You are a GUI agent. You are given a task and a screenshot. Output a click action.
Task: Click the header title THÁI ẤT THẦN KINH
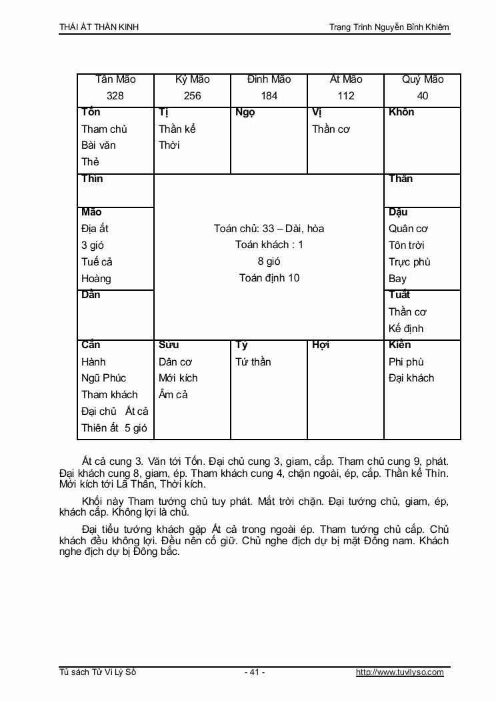click(x=99, y=27)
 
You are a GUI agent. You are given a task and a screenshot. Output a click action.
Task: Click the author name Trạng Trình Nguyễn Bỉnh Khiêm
click(x=389, y=27)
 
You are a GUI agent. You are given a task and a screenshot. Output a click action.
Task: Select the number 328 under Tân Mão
click(x=115, y=96)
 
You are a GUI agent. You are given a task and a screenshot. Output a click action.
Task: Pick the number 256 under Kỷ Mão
click(x=192, y=96)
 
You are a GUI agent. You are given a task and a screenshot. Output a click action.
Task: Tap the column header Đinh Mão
click(x=269, y=79)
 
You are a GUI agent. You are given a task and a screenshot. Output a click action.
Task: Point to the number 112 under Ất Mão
click(x=345, y=96)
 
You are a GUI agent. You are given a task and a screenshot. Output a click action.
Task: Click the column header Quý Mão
click(x=423, y=79)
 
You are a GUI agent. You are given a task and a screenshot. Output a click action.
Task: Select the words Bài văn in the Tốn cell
click(x=99, y=145)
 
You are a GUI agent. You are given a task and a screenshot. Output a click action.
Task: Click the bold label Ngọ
click(x=245, y=112)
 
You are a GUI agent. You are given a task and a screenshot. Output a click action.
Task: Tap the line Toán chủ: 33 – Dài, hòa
click(x=269, y=229)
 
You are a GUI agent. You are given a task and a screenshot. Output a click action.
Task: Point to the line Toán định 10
click(x=269, y=278)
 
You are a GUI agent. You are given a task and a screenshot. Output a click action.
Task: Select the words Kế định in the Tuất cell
click(x=406, y=329)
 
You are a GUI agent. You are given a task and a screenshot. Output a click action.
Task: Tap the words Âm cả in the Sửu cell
click(x=173, y=395)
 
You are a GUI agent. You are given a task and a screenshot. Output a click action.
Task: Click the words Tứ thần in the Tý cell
click(x=253, y=362)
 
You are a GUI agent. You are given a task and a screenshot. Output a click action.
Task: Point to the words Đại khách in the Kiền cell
click(x=411, y=378)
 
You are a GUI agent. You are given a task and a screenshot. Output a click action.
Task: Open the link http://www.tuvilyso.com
click(x=400, y=672)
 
